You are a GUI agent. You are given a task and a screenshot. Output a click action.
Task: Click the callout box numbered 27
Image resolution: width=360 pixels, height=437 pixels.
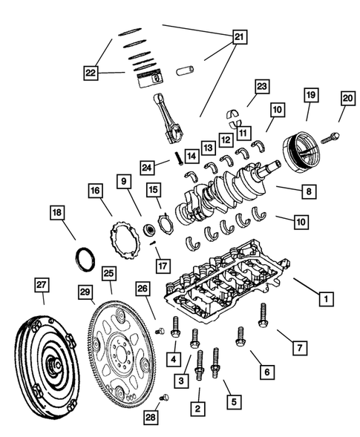click(43, 286)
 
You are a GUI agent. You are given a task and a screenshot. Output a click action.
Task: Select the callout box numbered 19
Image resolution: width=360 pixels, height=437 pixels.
click(311, 95)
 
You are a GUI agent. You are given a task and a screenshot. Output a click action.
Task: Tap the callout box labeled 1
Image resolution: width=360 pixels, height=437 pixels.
click(324, 300)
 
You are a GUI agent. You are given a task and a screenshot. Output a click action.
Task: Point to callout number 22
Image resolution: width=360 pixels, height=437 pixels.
click(91, 72)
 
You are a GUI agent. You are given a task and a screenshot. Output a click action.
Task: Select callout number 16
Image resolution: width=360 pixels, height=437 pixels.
click(95, 191)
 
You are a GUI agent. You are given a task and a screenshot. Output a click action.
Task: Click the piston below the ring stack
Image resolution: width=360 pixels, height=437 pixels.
click(154, 79)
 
